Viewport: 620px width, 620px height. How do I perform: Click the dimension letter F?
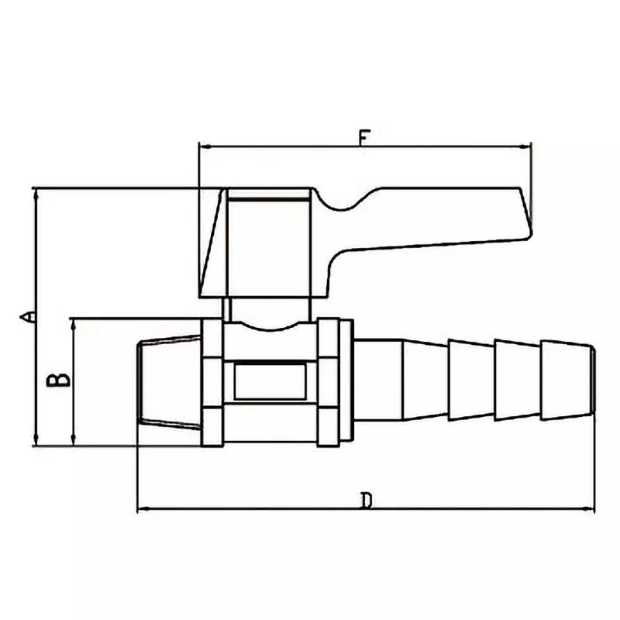click(x=364, y=137)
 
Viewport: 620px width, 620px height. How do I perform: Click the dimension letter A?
click(x=27, y=315)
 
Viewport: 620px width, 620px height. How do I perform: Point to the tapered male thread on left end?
click(x=169, y=381)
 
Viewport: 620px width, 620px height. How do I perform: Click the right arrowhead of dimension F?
click(x=526, y=145)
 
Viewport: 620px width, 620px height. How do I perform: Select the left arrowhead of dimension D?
click(x=143, y=509)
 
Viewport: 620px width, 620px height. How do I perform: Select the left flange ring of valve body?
click(x=212, y=382)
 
